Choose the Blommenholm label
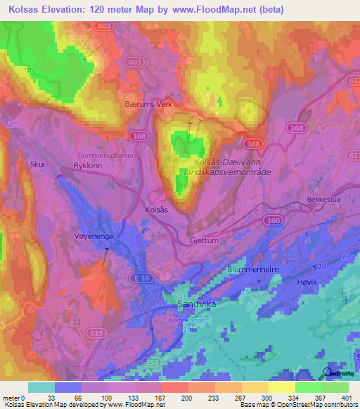(252, 270)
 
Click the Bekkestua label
(326, 200)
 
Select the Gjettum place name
(205, 240)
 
